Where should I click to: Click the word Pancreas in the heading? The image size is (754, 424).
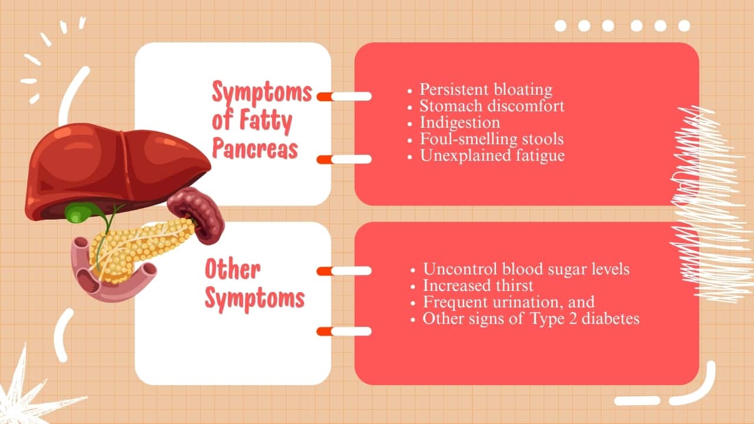pyautogui.click(x=255, y=148)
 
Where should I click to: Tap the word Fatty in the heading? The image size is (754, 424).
pyautogui.click(x=266, y=121)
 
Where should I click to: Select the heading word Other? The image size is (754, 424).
pyautogui.click(x=233, y=269)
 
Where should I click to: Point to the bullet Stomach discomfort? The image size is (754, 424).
pyautogui.click(x=492, y=106)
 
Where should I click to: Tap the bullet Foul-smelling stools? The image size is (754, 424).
pyautogui.click(x=491, y=139)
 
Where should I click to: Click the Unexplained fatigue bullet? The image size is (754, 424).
pyautogui.click(x=492, y=156)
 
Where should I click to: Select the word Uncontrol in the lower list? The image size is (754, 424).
pyautogui.click(x=461, y=269)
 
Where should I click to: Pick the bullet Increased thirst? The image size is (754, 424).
pyautogui.click(x=478, y=286)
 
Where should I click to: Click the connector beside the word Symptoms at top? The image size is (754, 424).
pyautogui.click(x=344, y=96)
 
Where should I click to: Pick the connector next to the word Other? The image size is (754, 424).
pyautogui.click(x=344, y=271)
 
